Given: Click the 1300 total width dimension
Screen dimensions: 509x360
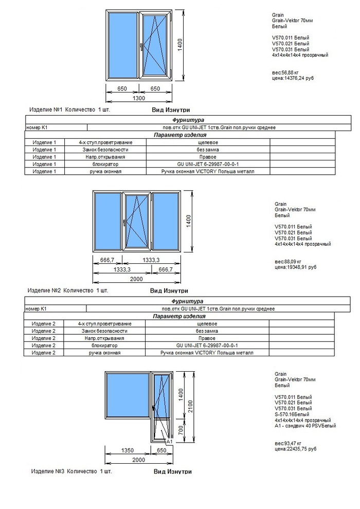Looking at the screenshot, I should (x=139, y=98).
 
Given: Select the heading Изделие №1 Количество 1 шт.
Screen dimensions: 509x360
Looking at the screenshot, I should (x=70, y=110).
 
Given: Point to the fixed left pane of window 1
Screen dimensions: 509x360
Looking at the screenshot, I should (x=122, y=45).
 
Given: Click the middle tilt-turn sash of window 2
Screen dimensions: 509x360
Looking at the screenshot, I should (x=137, y=222).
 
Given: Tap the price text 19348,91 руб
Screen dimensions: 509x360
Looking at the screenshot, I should (x=295, y=267).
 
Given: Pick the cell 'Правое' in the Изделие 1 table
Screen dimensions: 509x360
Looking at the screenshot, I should (x=207, y=157).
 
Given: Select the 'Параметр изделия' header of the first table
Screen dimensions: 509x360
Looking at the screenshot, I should (x=180, y=135).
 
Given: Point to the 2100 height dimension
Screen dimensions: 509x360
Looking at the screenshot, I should (x=191, y=406).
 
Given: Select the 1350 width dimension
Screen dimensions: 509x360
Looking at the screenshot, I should (x=128, y=450).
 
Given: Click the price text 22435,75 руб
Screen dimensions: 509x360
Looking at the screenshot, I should (x=295, y=448).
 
